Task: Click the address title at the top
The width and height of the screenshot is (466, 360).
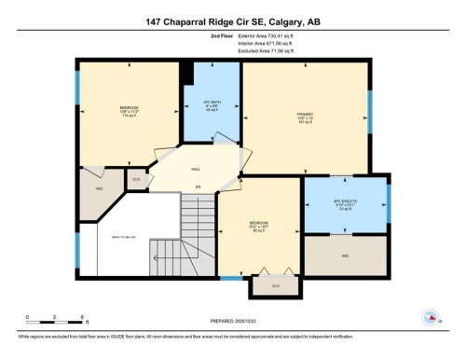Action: (233, 21)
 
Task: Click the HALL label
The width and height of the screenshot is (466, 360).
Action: (196, 169)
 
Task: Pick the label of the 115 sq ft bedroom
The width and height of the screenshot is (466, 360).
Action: (130, 108)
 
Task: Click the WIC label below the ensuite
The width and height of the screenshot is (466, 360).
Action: (346, 255)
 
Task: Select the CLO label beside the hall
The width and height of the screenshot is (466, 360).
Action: (136, 178)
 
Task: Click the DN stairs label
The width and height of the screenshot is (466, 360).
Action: (198, 187)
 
